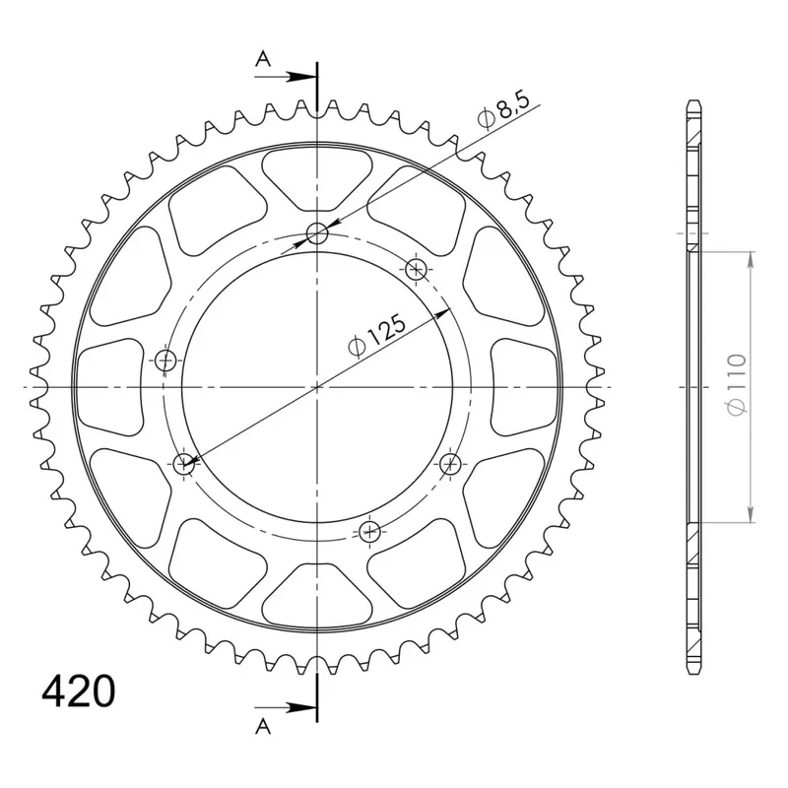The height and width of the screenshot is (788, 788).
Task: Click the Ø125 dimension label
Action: click(x=376, y=336)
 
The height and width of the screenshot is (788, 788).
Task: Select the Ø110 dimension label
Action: click(x=737, y=384)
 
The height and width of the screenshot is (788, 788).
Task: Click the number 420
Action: click(x=79, y=692)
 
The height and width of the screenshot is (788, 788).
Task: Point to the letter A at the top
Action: click(x=263, y=60)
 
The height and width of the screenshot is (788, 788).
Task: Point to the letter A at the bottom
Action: click(x=263, y=726)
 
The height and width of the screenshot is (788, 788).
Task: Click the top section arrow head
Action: click(x=301, y=77)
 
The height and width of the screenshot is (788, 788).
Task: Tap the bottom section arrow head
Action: click(x=301, y=708)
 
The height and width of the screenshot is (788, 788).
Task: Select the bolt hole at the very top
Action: click(x=317, y=233)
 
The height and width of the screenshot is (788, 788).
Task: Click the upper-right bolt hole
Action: click(x=416, y=269)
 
